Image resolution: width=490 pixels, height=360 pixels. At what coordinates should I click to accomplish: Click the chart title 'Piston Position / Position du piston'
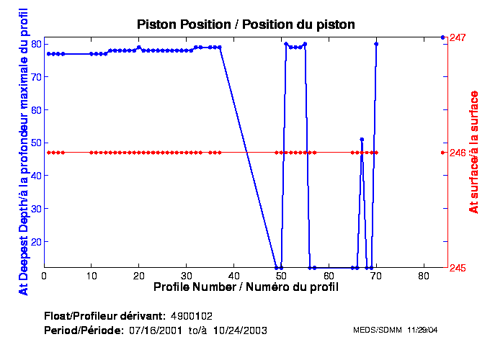(x=246, y=24)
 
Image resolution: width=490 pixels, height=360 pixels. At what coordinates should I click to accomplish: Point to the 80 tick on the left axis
(x=35, y=43)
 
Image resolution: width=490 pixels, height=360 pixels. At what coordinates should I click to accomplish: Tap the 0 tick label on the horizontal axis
(x=45, y=276)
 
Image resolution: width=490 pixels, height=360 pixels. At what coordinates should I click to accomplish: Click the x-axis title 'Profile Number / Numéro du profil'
(x=246, y=287)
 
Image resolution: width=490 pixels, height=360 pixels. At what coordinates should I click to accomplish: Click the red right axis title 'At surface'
(x=474, y=152)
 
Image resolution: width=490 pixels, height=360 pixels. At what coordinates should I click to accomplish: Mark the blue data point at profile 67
(x=362, y=139)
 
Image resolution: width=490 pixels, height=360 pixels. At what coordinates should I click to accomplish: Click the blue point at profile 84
(x=442, y=37)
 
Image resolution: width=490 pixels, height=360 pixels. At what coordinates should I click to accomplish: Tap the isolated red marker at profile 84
(x=442, y=153)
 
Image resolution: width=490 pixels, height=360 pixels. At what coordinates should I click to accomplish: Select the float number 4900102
(x=191, y=316)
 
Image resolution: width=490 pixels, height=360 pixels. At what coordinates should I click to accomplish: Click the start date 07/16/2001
(x=155, y=330)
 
